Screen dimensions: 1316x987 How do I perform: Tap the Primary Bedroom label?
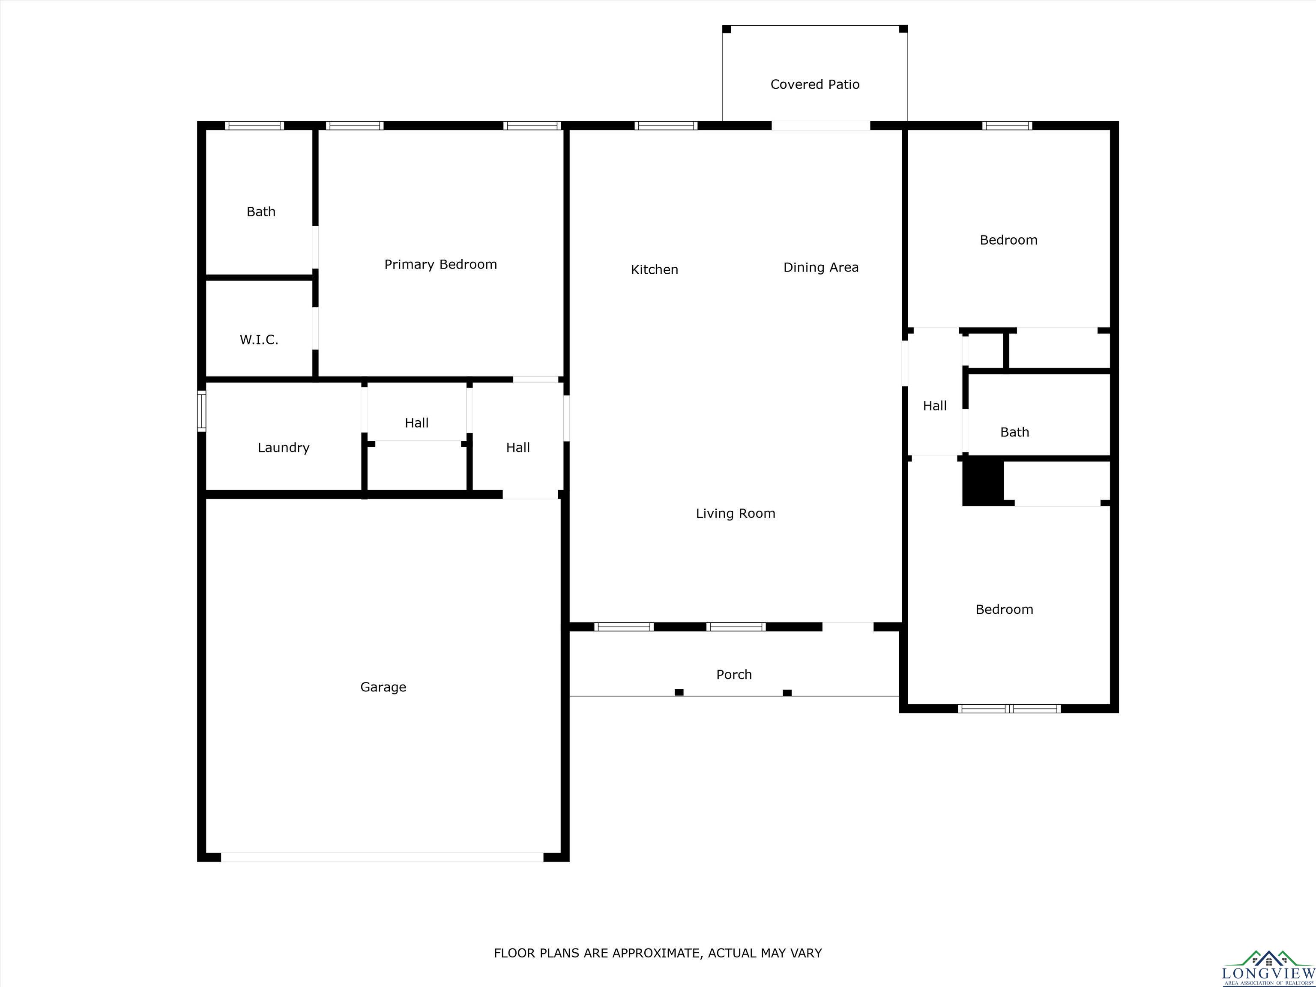[x=440, y=265]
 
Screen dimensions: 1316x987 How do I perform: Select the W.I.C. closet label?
[x=259, y=340]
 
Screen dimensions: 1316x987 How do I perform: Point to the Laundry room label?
[x=283, y=448]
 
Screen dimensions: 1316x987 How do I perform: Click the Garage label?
[x=383, y=687]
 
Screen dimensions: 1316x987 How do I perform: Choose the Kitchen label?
[x=655, y=269]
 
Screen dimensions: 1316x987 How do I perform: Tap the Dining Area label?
[x=821, y=268]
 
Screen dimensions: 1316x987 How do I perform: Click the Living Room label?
[x=736, y=514]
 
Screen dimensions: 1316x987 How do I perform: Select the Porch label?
[x=734, y=675]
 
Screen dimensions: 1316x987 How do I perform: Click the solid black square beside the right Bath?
[x=983, y=481]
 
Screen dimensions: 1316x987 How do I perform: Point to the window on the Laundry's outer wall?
[x=202, y=410]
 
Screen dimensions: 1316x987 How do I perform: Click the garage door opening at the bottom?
[x=382, y=857]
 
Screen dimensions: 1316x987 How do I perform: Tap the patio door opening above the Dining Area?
[x=821, y=126]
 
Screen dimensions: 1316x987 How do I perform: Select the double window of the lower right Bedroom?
[x=1010, y=709]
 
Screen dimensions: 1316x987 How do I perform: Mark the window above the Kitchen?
[x=666, y=126]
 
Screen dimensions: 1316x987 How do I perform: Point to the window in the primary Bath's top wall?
[x=254, y=126]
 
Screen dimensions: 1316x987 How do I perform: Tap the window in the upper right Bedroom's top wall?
[x=1007, y=126]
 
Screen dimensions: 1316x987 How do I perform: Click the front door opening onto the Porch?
[x=848, y=626]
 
